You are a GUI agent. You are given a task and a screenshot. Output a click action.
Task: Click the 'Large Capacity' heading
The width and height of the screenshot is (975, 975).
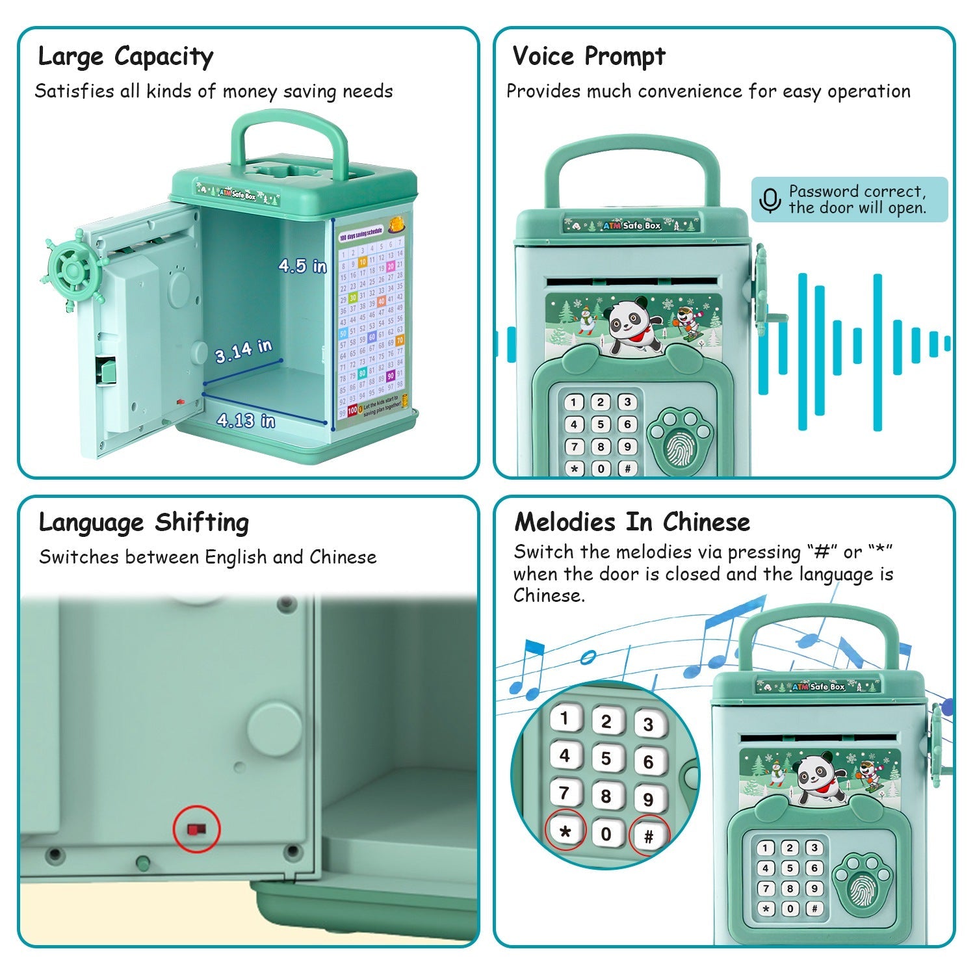(x=125, y=57)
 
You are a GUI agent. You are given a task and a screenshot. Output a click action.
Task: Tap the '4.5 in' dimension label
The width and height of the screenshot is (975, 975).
(x=302, y=265)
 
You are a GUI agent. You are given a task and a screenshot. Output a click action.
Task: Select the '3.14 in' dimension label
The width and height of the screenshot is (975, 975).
(x=243, y=351)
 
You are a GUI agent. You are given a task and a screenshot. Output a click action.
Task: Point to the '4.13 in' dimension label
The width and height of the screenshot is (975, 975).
(x=246, y=421)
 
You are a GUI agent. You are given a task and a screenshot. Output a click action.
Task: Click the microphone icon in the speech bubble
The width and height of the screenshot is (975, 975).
(x=770, y=200)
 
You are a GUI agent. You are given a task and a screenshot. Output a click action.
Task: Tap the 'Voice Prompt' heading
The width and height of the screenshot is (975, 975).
(x=589, y=57)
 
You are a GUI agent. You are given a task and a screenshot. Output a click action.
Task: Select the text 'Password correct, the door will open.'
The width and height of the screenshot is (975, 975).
(x=857, y=200)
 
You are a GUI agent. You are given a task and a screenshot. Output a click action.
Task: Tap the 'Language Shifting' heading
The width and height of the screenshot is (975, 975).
(x=144, y=523)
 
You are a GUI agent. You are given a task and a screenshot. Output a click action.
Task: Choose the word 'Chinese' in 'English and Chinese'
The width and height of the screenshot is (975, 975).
(x=343, y=557)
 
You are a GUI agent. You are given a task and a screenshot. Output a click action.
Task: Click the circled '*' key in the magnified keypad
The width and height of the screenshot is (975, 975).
(x=565, y=831)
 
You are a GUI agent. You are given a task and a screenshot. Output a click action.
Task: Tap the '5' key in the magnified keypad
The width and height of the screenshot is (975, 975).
(x=606, y=758)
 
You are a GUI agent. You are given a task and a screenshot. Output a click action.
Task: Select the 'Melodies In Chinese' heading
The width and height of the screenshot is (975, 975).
(x=632, y=522)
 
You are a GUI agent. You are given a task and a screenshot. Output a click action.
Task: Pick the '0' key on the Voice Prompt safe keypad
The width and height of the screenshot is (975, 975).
(x=601, y=469)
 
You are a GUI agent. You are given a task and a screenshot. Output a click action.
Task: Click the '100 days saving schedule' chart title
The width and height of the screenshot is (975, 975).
(x=361, y=235)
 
